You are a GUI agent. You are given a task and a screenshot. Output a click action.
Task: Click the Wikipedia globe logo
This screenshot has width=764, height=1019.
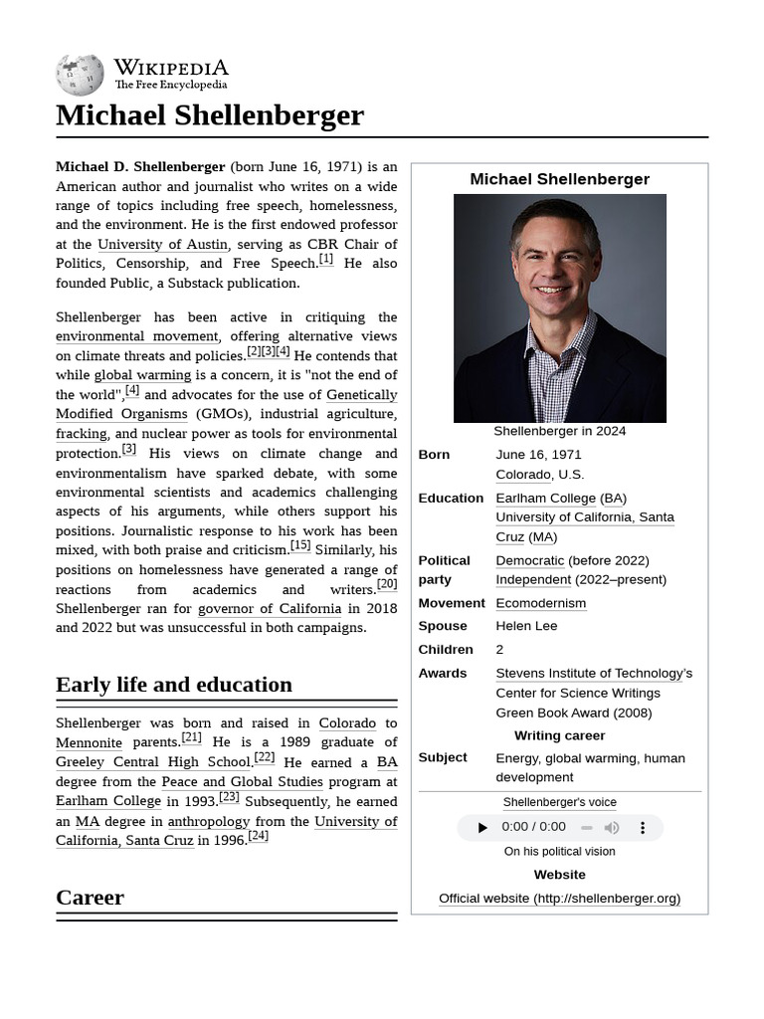tap(80, 75)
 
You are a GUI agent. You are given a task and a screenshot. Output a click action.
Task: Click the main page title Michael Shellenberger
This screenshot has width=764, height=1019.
tap(210, 115)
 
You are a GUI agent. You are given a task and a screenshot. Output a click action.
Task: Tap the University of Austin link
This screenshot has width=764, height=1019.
tap(162, 244)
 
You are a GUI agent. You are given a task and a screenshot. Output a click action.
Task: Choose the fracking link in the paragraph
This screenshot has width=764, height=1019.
tap(82, 434)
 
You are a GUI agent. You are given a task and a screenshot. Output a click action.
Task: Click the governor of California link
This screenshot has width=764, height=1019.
tap(270, 608)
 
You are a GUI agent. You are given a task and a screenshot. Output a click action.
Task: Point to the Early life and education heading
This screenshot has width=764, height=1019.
tap(174, 685)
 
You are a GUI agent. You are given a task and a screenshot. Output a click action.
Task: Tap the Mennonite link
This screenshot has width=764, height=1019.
tap(89, 742)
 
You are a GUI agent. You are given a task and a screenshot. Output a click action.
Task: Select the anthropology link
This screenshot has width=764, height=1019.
tap(209, 821)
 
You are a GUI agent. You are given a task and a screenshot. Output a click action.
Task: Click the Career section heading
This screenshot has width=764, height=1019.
tap(90, 898)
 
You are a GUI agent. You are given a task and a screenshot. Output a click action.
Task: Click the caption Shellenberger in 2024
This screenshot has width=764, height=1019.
tap(559, 431)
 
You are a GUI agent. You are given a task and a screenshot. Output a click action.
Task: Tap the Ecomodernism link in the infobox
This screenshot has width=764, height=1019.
tap(540, 603)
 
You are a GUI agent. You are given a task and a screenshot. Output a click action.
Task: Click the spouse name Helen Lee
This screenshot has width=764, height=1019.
tap(526, 626)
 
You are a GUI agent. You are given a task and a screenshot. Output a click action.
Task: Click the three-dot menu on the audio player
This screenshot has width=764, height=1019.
tap(643, 828)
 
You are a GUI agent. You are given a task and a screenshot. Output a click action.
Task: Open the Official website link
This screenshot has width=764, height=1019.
tap(559, 898)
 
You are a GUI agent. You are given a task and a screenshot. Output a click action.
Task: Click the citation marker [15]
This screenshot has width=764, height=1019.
tap(300, 545)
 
